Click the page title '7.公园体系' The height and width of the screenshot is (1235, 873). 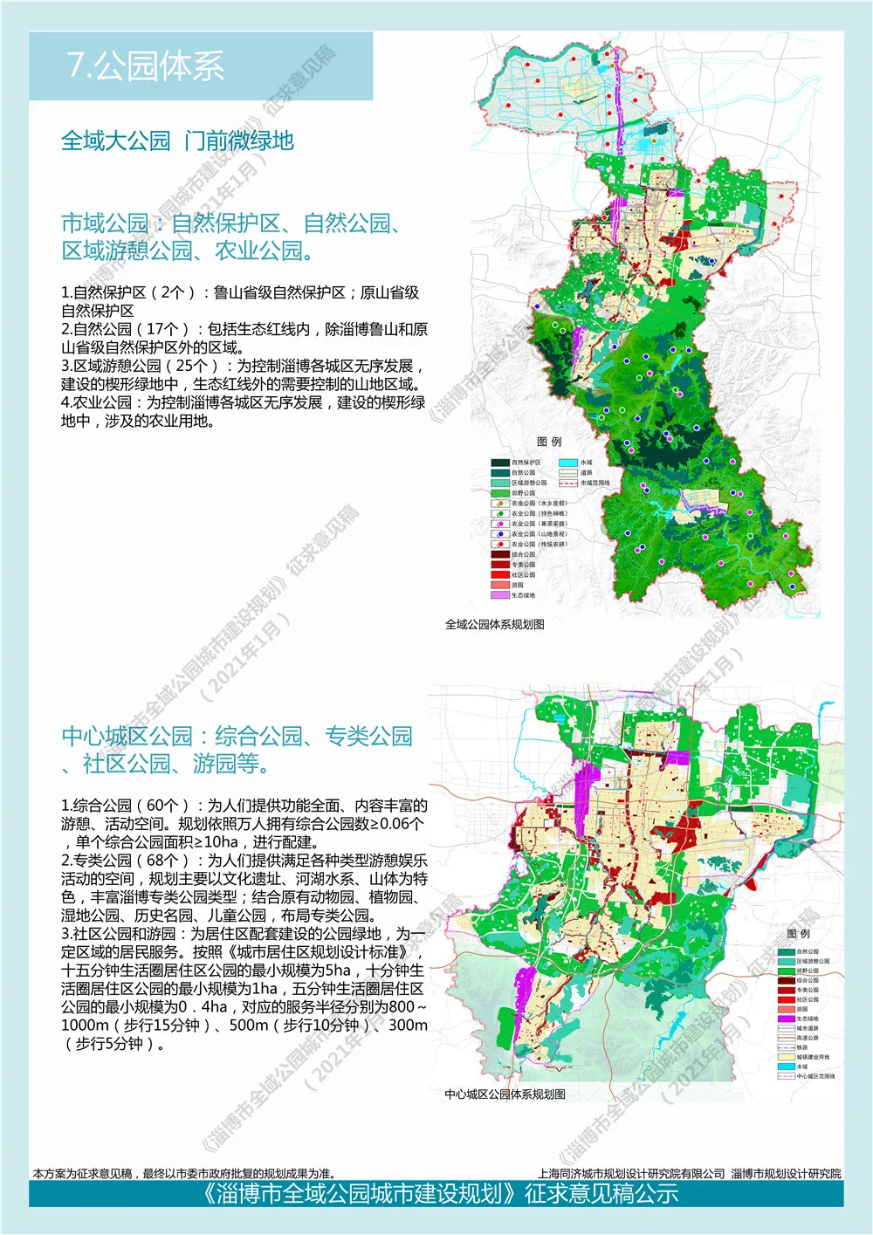[146, 66]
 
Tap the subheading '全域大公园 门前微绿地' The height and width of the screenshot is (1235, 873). [177, 141]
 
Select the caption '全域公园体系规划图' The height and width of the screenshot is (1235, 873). [494, 624]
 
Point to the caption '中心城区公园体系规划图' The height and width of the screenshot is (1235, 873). [505, 1094]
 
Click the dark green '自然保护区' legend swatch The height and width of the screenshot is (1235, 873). [499, 463]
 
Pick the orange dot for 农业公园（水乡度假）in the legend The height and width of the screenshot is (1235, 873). [499, 504]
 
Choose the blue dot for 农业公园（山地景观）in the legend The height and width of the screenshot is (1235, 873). [499, 534]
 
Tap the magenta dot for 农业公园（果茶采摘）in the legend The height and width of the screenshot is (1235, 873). [499, 524]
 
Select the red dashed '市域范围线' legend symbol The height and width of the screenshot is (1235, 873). [567, 483]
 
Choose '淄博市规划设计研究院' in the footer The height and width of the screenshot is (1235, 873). [786, 1174]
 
